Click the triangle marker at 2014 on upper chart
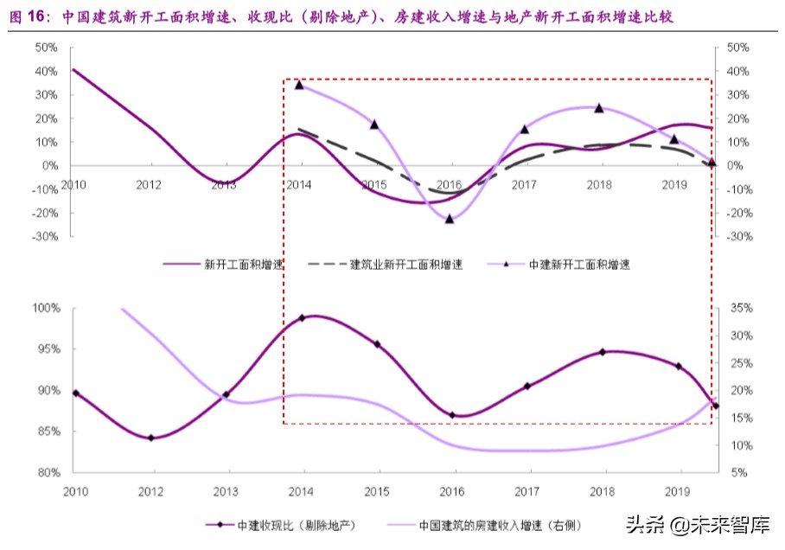coord(299,85)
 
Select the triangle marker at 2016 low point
coord(450,219)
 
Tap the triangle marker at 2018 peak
coord(598,108)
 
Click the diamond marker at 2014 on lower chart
coord(303,318)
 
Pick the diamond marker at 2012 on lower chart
coord(151,438)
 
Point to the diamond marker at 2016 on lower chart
coord(452,415)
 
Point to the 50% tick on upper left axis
coord(47,48)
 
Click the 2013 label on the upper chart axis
coord(223,184)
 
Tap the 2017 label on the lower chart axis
coord(525,490)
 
